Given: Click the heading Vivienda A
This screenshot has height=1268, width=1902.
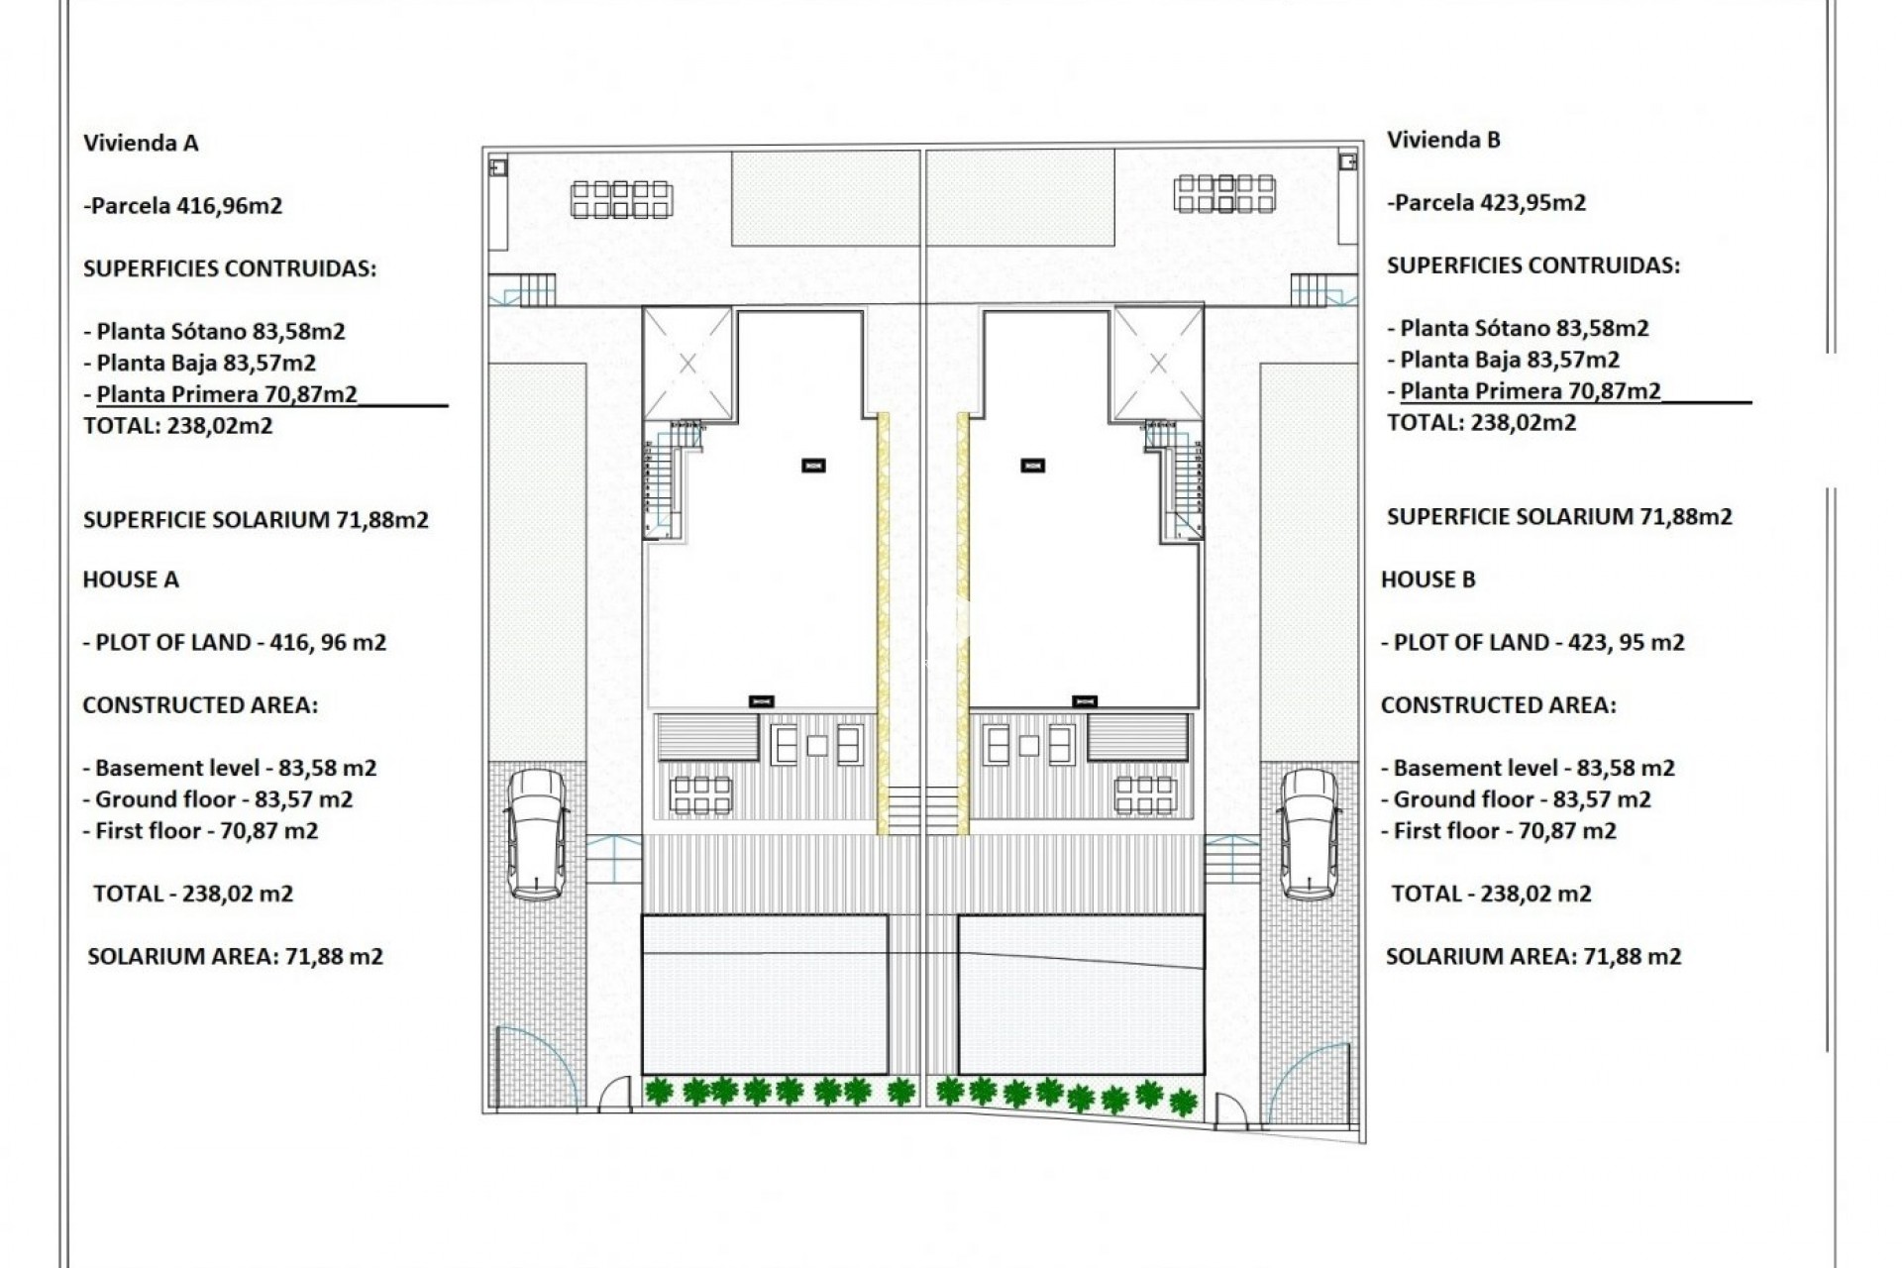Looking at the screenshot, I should [141, 143].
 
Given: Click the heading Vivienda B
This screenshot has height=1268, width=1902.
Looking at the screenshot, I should [1443, 140].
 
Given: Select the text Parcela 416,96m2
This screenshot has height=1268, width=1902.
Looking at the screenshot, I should [183, 206].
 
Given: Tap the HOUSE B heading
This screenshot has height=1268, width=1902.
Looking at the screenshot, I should [1427, 580].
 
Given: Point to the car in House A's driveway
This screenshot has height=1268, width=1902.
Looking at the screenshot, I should [536, 834].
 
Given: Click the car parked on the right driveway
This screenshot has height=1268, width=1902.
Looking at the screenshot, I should [1309, 834].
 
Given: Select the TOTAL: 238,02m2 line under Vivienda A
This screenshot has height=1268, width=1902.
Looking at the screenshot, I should [178, 426].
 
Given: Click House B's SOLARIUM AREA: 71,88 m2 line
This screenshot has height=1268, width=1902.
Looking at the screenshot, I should [1532, 956].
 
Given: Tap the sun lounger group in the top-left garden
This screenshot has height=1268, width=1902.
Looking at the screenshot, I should [621, 198].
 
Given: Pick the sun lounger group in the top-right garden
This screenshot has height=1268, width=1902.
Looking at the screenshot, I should [1224, 193].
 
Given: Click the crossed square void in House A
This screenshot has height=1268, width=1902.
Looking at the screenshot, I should [687, 364].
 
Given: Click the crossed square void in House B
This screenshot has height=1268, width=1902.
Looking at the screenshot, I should [1158, 364].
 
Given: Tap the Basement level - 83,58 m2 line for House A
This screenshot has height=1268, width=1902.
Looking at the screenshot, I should [230, 768].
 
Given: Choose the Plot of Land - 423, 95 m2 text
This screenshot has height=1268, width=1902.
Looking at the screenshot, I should [1532, 642].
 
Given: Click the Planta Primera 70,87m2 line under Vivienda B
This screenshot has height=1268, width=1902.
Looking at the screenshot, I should [1530, 391].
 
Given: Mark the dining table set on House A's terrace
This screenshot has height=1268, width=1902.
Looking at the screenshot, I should [700, 794].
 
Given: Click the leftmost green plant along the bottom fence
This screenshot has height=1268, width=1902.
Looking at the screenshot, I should [658, 1092].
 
